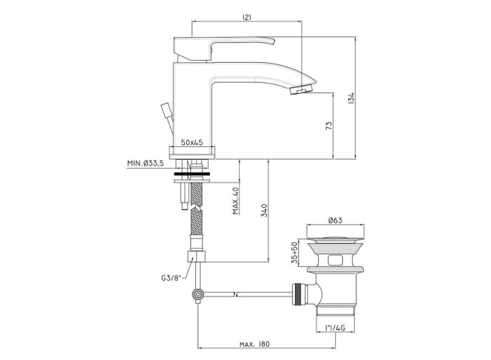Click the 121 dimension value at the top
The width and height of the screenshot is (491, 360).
click(x=247, y=18)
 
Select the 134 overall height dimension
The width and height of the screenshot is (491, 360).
click(x=351, y=98)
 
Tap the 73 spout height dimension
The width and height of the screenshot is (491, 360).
click(x=329, y=126)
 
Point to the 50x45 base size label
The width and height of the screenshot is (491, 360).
click(x=192, y=143)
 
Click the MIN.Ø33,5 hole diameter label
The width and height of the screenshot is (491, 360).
click(x=145, y=163)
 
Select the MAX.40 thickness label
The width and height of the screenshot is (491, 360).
click(x=236, y=200)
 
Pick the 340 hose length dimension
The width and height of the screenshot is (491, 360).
click(x=264, y=211)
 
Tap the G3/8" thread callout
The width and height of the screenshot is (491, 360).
click(x=172, y=278)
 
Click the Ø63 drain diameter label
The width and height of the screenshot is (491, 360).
click(x=335, y=220)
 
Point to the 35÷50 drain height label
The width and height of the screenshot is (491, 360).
click(x=294, y=253)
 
